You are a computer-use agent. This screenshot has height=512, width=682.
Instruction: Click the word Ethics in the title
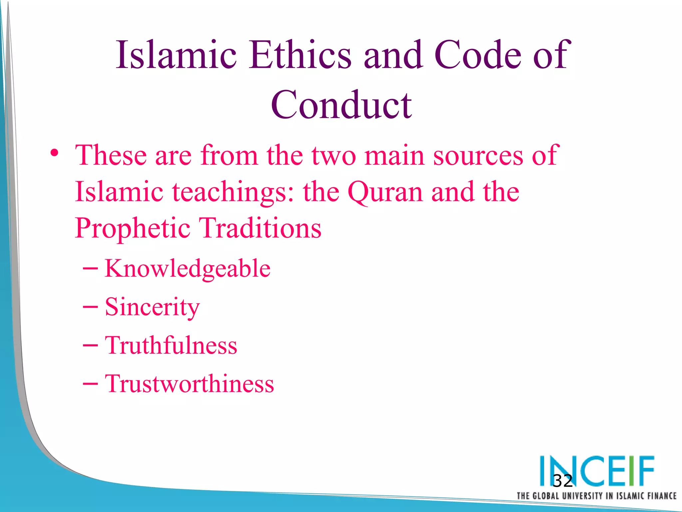(x=300, y=55)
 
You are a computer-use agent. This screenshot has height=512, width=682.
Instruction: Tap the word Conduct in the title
(x=341, y=105)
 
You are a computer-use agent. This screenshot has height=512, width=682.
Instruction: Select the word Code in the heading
(x=478, y=55)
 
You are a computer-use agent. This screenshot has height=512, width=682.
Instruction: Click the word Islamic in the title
(x=176, y=55)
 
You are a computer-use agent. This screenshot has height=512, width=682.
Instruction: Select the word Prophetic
(x=133, y=229)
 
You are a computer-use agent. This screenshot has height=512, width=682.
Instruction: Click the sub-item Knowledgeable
(x=187, y=269)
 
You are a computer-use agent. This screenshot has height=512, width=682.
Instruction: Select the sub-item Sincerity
(x=152, y=307)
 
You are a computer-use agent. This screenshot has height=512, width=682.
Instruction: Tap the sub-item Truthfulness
(x=171, y=345)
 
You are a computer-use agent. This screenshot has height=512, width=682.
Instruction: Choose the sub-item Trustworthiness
(x=189, y=384)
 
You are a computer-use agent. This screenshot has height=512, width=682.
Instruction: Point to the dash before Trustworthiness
(x=90, y=384)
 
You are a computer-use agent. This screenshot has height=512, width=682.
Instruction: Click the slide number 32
(x=562, y=481)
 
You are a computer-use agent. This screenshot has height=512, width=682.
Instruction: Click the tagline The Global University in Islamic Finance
(x=596, y=496)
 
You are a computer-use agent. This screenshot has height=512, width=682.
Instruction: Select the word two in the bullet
(x=334, y=156)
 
